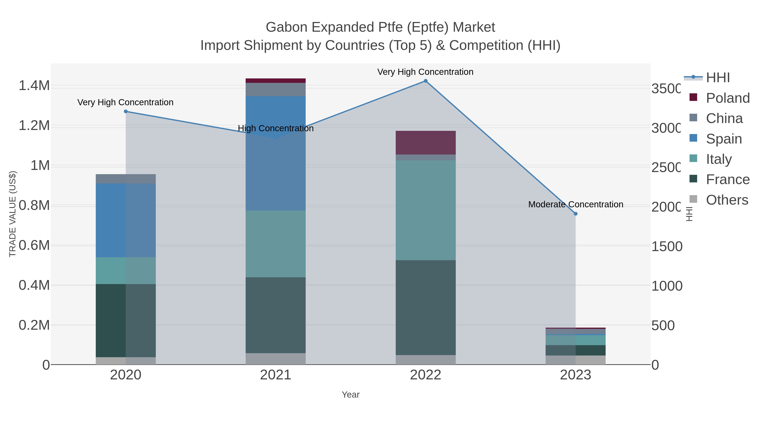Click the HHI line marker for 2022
point(425,81)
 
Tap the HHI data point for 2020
point(126,111)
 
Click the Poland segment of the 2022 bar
point(425,143)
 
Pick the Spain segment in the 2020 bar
point(126,220)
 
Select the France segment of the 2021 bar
point(275,315)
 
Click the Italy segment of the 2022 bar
point(425,210)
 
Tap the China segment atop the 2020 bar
point(126,179)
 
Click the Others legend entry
point(727,200)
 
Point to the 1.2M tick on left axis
point(34,126)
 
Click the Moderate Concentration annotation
point(575,204)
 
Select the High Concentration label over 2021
point(275,129)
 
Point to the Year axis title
point(350,395)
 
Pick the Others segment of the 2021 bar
point(275,359)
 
